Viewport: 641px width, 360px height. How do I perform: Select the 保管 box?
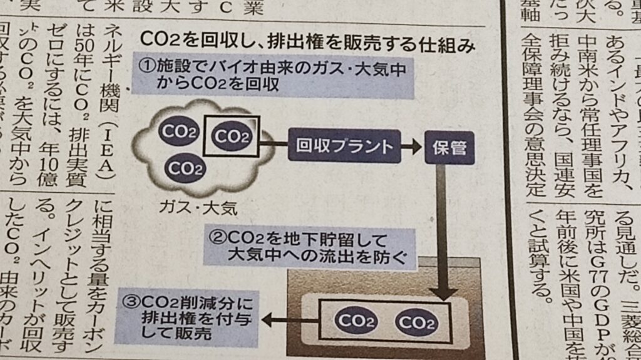click(449, 148)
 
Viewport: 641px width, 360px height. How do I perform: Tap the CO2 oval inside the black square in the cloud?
click(232, 136)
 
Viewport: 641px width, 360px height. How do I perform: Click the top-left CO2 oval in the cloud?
click(179, 131)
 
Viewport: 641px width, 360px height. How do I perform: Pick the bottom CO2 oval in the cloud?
click(186, 168)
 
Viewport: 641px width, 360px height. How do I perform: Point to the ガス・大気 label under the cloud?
click(199, 205)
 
